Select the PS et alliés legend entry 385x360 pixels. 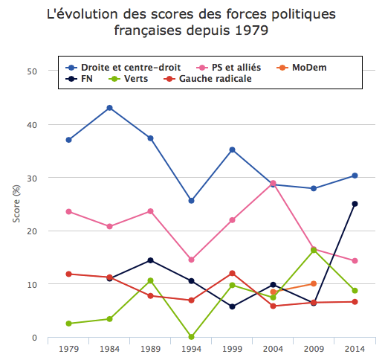(233, 67)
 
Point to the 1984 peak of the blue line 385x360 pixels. (109, 108)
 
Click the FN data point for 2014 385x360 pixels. (355, 204)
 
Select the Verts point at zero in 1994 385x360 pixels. (191, 337)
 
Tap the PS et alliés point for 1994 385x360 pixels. (191, 260)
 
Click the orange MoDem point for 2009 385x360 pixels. (314, 283)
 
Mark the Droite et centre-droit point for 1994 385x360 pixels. (191, 201)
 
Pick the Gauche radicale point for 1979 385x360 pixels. (68, 274)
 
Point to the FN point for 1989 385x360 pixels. (150, 260)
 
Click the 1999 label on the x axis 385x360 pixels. (232, 348)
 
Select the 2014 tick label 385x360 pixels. (355, 348)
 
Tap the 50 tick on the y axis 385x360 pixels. (32, 71)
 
